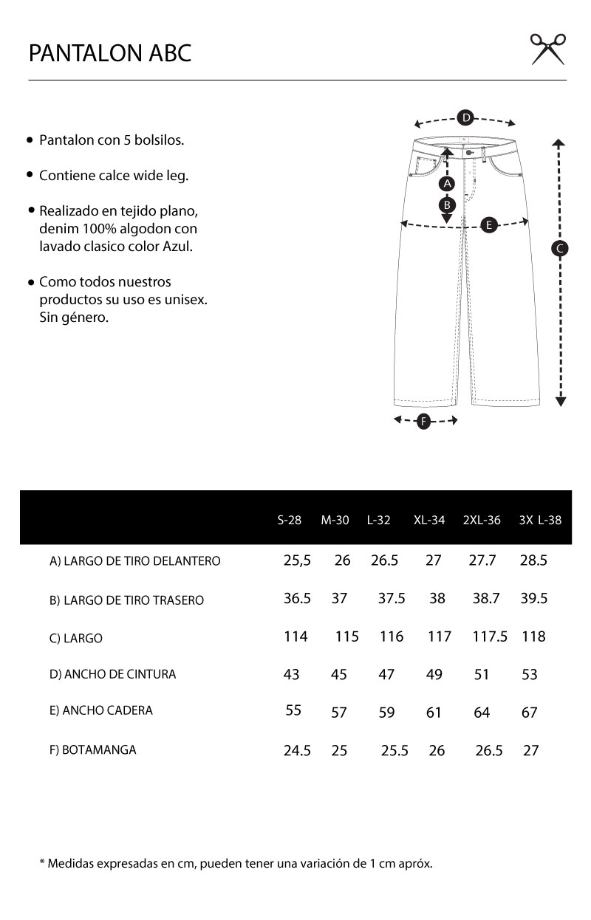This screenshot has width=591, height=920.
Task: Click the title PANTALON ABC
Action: pyautogui.click(x=110, y=53)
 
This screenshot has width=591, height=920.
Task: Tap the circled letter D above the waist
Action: pyautogui.click(x=465, y=117)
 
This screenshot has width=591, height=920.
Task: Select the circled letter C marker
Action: pyautogui.click(x=560, y=249)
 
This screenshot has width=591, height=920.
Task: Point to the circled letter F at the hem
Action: pyautogui.click(x=423, y=422)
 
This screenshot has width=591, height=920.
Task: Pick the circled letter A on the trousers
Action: pyautogui.click(x=445, y=183)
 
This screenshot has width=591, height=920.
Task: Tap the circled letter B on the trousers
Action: pyautogui.click(x=446, y=205)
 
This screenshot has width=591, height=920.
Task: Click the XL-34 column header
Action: pyautogui.click(x=429, y=520)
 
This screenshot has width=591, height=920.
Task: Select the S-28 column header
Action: pyautogui.click(x=290, y=520)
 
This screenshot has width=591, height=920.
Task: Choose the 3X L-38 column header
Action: pyautogui.click(x=540, y=520)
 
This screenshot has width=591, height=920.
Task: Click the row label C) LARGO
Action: pyautogui.click(x=76, y=639)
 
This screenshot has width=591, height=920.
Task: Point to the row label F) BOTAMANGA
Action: pyautogui.click(x=93, y=750)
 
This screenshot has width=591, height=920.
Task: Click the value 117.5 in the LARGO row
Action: pyautogui.click(x=489, y=636)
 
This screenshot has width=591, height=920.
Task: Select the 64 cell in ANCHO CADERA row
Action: pyautogui.click(x=482, y=713)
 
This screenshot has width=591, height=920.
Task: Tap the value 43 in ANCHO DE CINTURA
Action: pyautogui.click(x=292, y=674)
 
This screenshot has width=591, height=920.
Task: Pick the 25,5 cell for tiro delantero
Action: pyautogui.click(x=297, y=560)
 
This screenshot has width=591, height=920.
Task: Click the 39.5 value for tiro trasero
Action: pyautogui.click(x=533, y=598)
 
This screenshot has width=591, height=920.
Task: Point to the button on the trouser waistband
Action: pyautogui.click(x=469, y=153)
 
